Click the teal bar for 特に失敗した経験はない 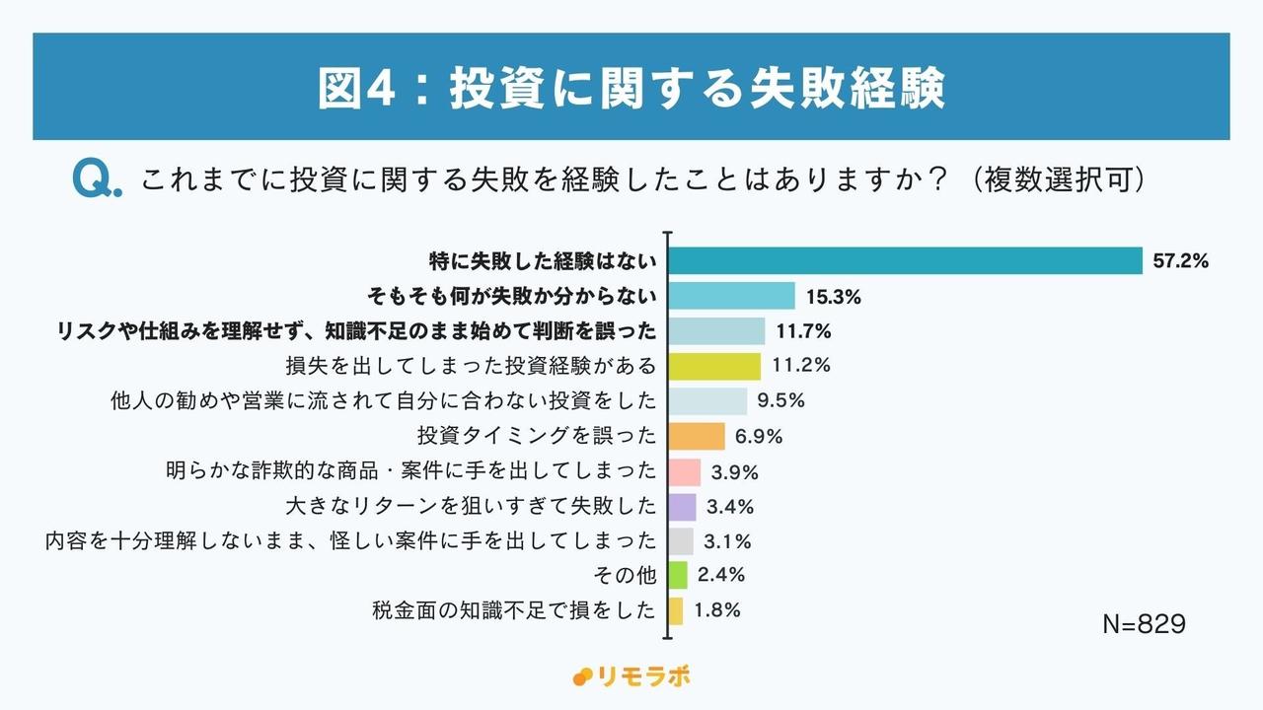coord(906,260)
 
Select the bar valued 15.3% coord(733,296)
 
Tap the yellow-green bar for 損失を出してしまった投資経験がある coord(715,366)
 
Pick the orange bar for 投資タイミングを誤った coord(698,436)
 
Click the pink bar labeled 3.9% coord(686,471)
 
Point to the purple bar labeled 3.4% coord(683,507)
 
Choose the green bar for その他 coord(679,575)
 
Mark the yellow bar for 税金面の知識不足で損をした coord(677,610)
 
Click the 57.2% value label coord(1180,261)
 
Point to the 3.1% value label coord(728,541)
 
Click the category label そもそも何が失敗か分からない coord(511,296)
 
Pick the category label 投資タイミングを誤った coord(537,436)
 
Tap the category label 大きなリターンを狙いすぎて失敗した coord(470,507)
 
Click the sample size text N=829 coord(1143,624)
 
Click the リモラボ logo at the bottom coord(631,676)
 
